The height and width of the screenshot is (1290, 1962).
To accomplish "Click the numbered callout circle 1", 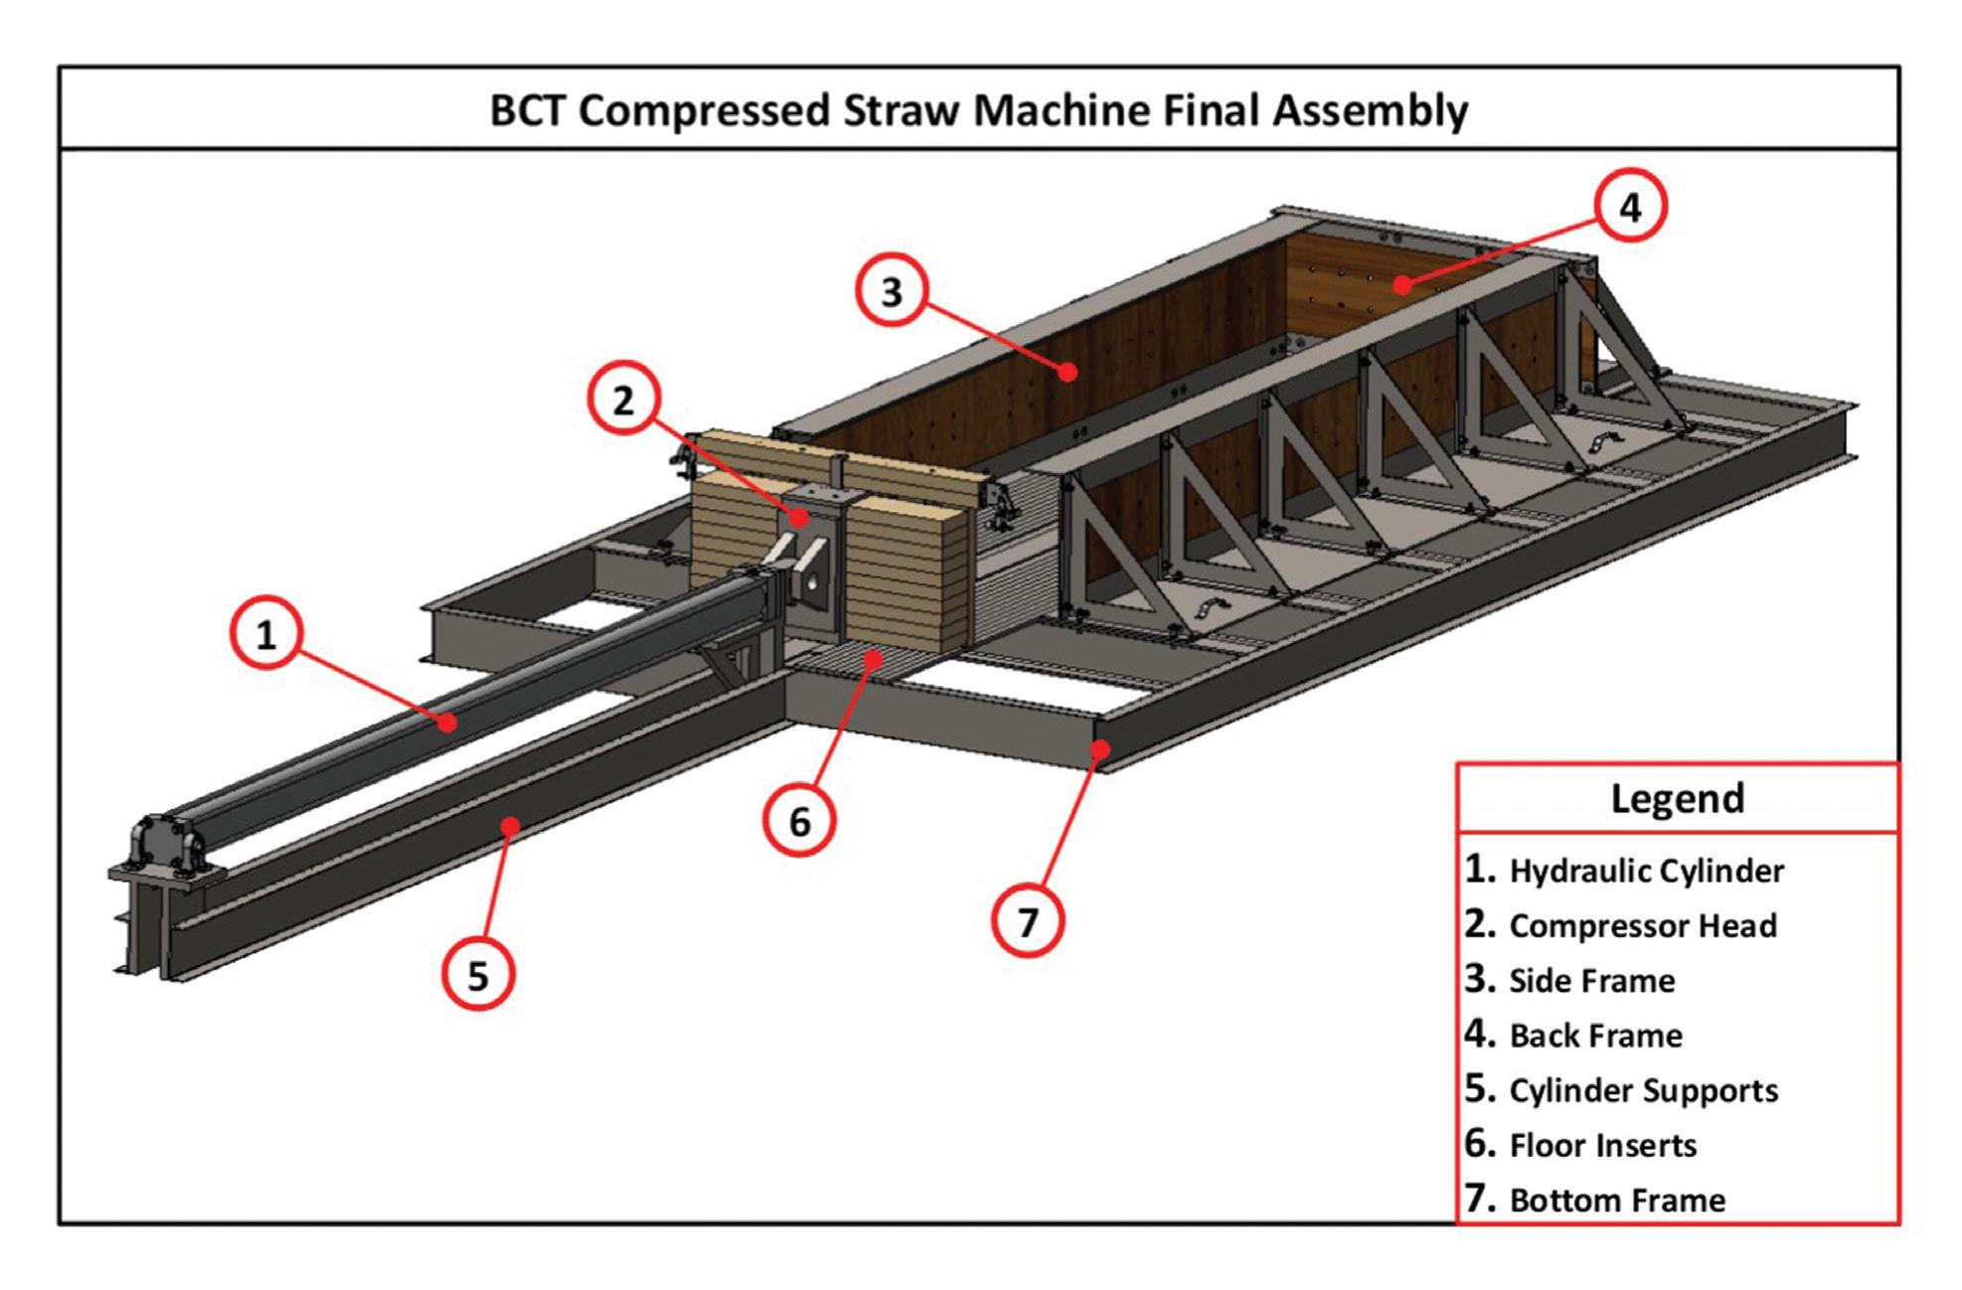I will (266, 634).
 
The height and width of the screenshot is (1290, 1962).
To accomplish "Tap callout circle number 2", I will (623, 401).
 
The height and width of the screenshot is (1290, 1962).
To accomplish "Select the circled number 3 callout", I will (893, 292).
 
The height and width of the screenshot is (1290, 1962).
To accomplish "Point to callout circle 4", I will (1630, 207).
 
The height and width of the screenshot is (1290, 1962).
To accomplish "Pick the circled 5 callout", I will (478, 975).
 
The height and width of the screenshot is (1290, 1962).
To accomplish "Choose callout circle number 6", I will (799, 821).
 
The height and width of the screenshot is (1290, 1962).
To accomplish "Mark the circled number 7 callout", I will (1028, 921).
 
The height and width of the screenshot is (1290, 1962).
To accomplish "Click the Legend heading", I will (1677, 798).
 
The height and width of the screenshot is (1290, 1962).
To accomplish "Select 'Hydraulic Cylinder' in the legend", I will (1646, 872).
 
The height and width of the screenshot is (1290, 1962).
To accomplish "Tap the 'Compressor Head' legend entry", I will (1642, 926).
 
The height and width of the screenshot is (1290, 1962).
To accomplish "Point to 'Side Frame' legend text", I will (1591, 981).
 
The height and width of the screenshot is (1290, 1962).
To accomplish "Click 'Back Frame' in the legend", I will (1595, 1036).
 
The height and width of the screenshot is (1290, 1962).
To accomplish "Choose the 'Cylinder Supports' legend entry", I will (1643, 1090).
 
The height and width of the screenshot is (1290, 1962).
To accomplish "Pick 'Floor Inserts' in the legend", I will (1602, 1145).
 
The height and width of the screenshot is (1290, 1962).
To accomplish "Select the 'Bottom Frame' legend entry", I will (1616, 1200).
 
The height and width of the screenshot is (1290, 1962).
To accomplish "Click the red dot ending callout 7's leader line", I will (1099, 748).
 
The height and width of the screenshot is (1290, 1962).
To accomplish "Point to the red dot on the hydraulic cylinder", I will (448, 723).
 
